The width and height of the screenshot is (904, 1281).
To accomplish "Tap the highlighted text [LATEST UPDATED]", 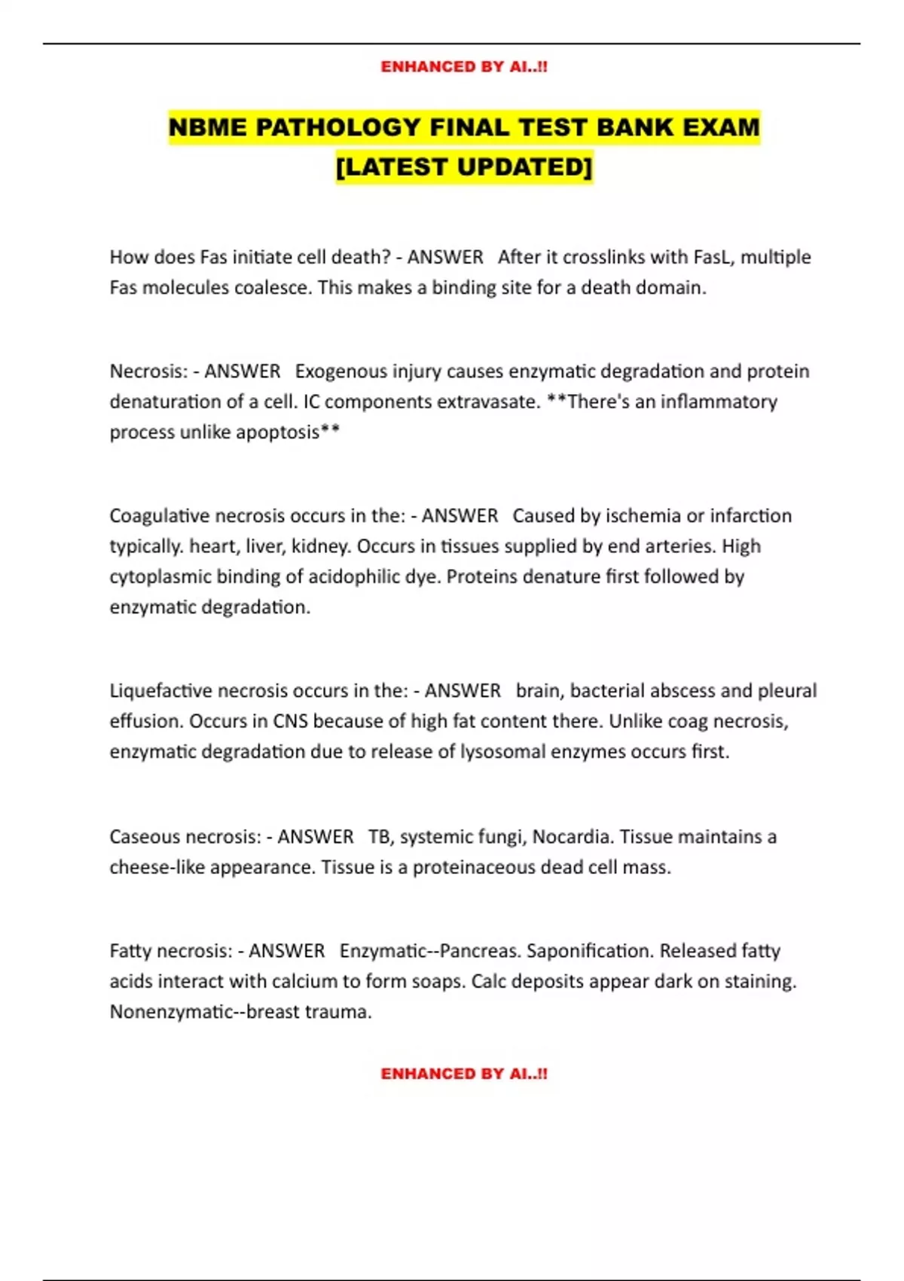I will coord(464,167).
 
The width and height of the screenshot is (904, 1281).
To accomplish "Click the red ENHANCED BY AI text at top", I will coord(464,67).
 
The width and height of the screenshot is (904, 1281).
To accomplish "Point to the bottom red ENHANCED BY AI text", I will coord(464,1074).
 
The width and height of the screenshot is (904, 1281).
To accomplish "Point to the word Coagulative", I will coord(159,516).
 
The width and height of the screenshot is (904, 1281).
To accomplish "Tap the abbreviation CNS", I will coord(290,721).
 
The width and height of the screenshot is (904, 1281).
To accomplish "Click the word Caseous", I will coord(144,837).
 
